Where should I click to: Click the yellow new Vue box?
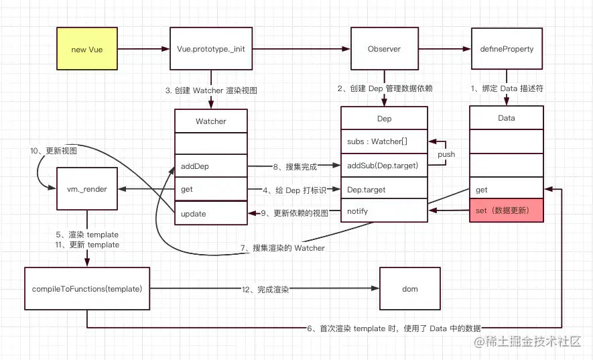coord(86,49)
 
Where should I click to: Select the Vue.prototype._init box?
coord(210,49)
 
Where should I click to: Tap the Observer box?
coord(384,49)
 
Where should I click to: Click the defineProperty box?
coord(506,49)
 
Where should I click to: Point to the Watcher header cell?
coord(210,121)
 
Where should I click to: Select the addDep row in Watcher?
coord(210,166)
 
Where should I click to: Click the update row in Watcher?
coord(210,213)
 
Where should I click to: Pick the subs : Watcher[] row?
coord(384,141)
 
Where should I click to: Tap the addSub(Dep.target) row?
coord(384,166)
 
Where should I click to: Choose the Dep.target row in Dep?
coord(384,190)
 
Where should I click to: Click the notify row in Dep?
coord(384,211)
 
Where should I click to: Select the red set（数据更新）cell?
coord(506,211)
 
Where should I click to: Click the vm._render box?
coord(86,190)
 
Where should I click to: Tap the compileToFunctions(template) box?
coord(86,289)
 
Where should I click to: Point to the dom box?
coord(410,289)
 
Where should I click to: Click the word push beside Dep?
coord(446,154)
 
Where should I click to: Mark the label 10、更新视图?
coord(52,151)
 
